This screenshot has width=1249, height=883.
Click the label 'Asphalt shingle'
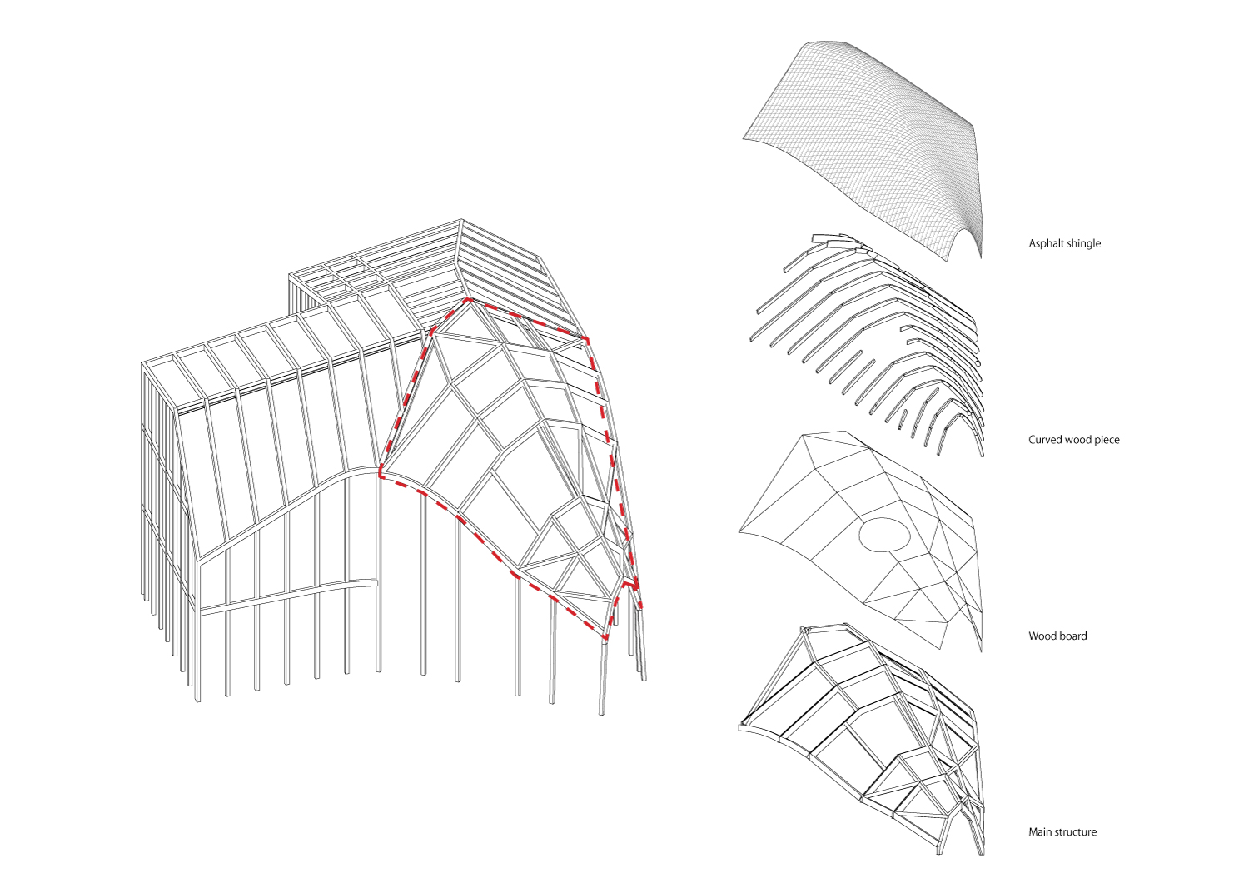[1064, 243]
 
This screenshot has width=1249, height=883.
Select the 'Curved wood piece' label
[1074, 440]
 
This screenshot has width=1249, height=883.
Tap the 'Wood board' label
[1057, 636]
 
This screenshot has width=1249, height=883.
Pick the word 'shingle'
[1082, 243]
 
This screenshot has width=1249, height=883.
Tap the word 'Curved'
[1044, 440]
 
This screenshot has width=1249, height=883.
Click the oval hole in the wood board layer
[884, 534]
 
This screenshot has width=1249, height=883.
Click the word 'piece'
[1107, 440]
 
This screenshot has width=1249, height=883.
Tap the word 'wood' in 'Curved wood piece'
[1077, 440]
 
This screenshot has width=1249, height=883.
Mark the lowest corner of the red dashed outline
[605, 637]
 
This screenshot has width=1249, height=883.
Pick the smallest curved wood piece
[902, 419]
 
